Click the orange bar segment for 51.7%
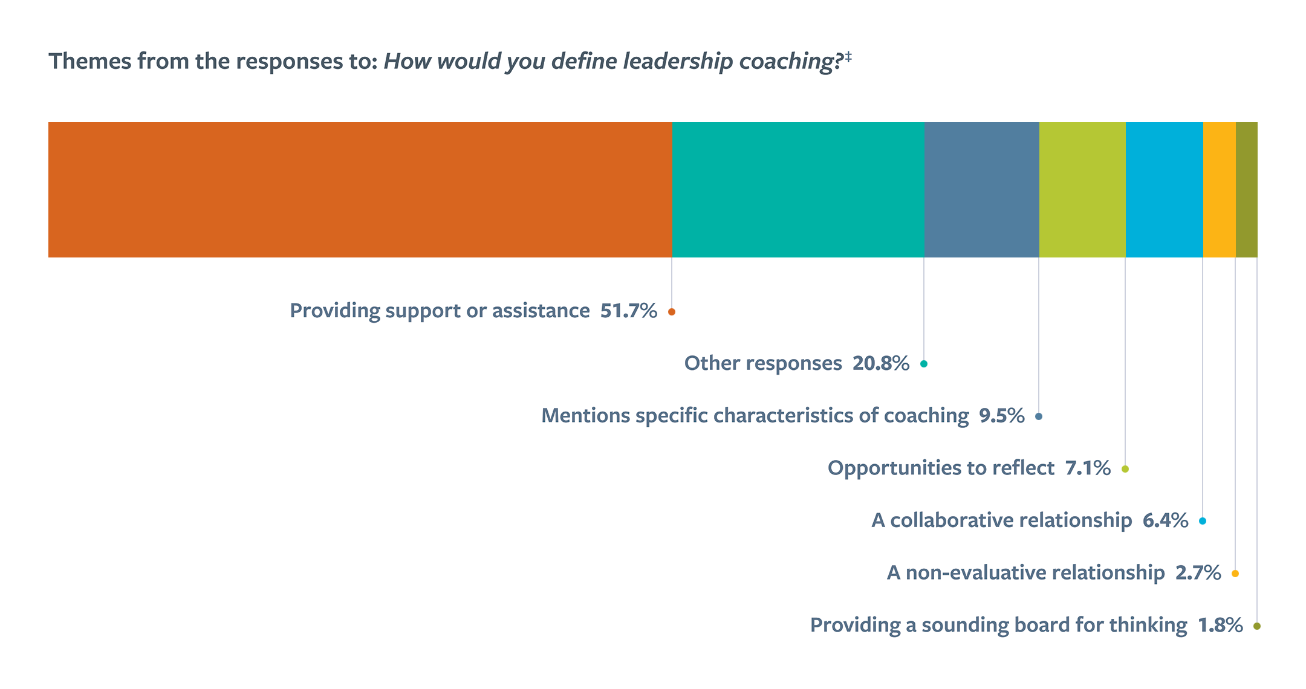point(360,190)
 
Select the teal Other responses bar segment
point(798,190)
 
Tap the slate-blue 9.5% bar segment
point(982,190)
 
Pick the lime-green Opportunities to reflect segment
point(1082,190)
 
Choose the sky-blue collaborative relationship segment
point(1165,190)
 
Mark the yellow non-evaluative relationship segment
point(1220,190)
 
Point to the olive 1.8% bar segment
point(1247,190)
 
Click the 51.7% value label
point(628,311)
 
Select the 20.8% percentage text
point(880,363)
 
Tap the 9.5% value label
point(1001,416)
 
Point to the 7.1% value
point(1087,468)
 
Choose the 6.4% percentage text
point(1165,520)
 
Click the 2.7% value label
point(1198,573)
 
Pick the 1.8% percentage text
point(1220,625)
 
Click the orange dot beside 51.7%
point(672,312)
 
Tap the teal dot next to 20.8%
point(924,364)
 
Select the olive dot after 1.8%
point(1257,626)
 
